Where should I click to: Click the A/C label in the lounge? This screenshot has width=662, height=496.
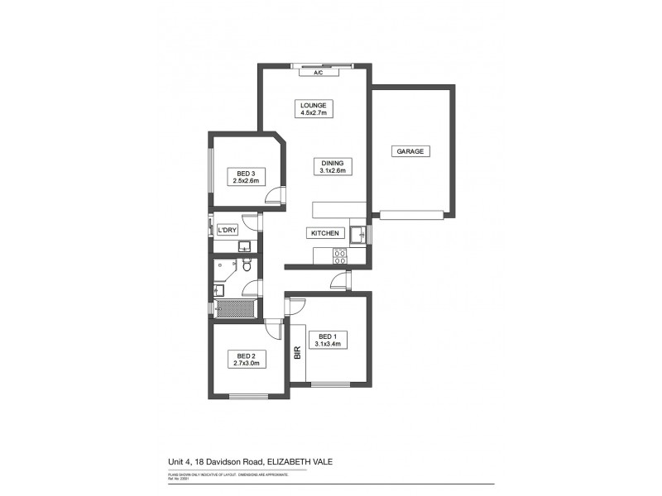[317, 73]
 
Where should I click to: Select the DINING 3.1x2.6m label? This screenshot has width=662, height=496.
[338, 166]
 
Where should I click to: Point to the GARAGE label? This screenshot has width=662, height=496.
[410, 151]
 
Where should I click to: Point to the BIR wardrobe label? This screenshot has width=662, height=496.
[297, 353]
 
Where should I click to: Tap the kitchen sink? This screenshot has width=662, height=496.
[358, 236]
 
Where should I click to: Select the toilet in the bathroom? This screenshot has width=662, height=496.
[246, 265]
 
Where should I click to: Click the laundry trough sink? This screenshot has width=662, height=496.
[246, 246]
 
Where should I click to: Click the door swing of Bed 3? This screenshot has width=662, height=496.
[276, 196]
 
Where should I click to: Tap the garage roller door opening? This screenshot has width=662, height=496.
[412, 215]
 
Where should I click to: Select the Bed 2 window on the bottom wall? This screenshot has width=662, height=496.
[248, 397]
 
